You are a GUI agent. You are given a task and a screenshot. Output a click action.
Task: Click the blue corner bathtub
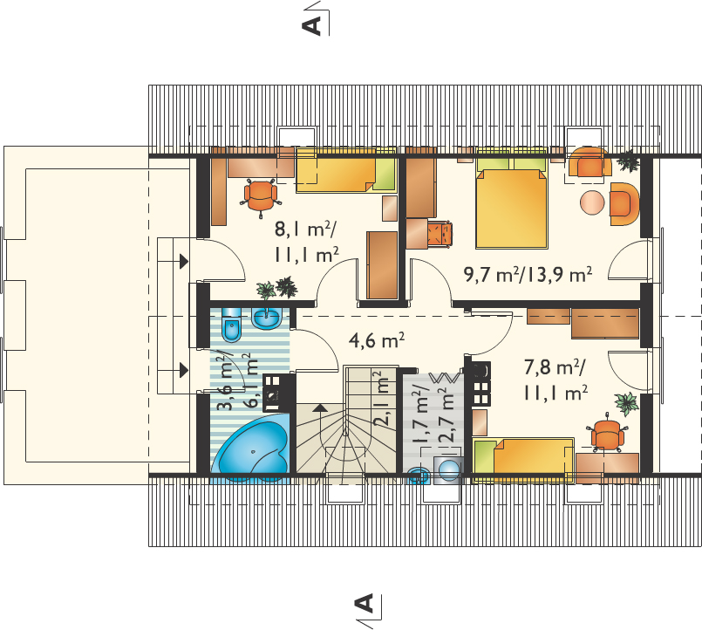point(252,449)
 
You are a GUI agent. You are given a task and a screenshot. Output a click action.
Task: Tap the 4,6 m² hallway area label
point(377,341)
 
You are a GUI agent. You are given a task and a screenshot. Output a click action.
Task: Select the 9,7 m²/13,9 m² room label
point(528,274)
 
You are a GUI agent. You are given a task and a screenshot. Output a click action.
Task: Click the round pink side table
point(593,203)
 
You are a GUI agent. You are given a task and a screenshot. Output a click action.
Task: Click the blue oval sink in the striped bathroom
point(267,318)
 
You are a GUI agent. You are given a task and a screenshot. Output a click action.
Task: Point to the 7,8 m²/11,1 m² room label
point(555,380)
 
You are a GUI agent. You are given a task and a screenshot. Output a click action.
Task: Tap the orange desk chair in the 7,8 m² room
point(607,435)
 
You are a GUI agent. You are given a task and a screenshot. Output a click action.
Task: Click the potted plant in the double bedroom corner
point(629,161)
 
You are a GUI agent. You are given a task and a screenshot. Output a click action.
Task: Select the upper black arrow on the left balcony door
point(183,261)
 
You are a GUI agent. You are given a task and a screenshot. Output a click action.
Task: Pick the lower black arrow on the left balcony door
point(183,370)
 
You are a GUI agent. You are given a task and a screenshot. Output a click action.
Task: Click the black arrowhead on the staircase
point(320,407)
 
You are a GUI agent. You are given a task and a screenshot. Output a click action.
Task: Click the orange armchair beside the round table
point(624,204)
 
